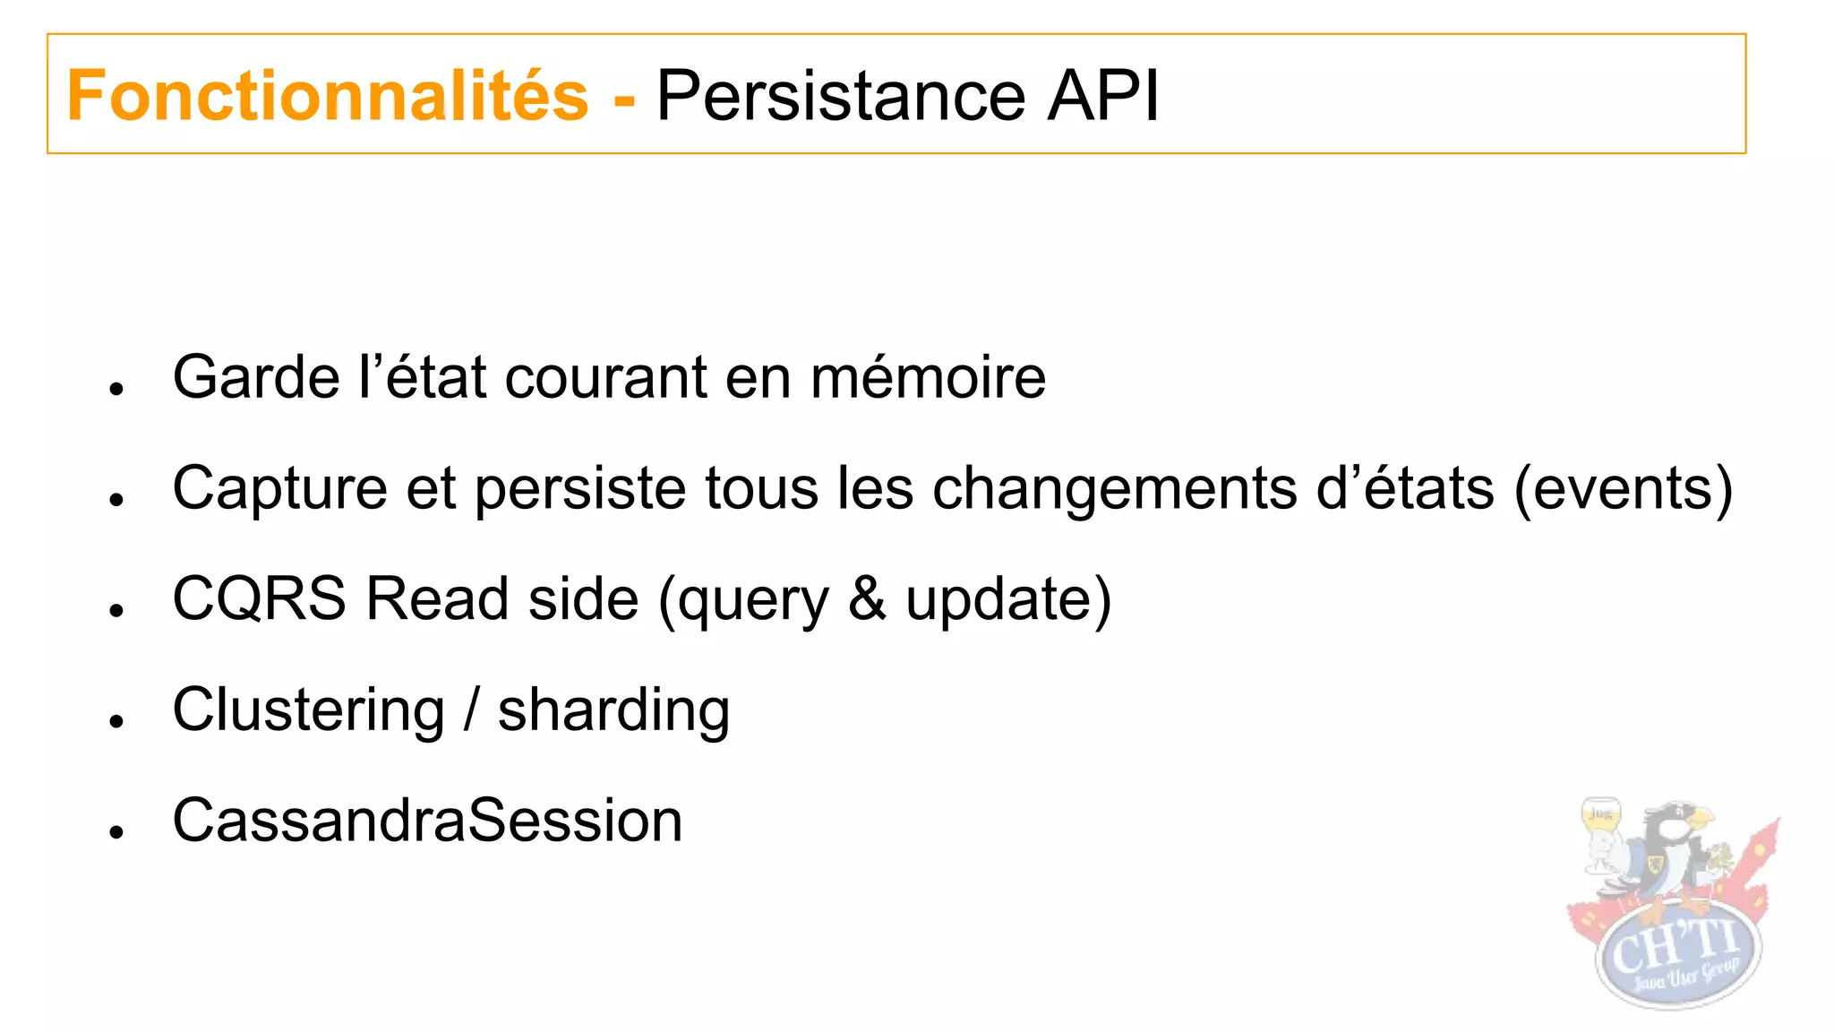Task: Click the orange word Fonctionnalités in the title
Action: point(328,96)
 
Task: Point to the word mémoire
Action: point(928,377)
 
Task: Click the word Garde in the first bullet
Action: point(255,377)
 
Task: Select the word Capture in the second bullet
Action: point(279,489)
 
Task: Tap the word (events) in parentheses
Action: point(1623,489)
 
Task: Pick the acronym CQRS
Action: point(259,598)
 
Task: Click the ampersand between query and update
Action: point(866,598)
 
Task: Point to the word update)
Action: point(1008,598)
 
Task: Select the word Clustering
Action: point(308,710)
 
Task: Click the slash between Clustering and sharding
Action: point(471,710)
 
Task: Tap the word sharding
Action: point(613,710)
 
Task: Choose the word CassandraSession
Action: point(427,821)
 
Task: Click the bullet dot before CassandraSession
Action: point(116,832)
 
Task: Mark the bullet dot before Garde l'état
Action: point(116,389)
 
